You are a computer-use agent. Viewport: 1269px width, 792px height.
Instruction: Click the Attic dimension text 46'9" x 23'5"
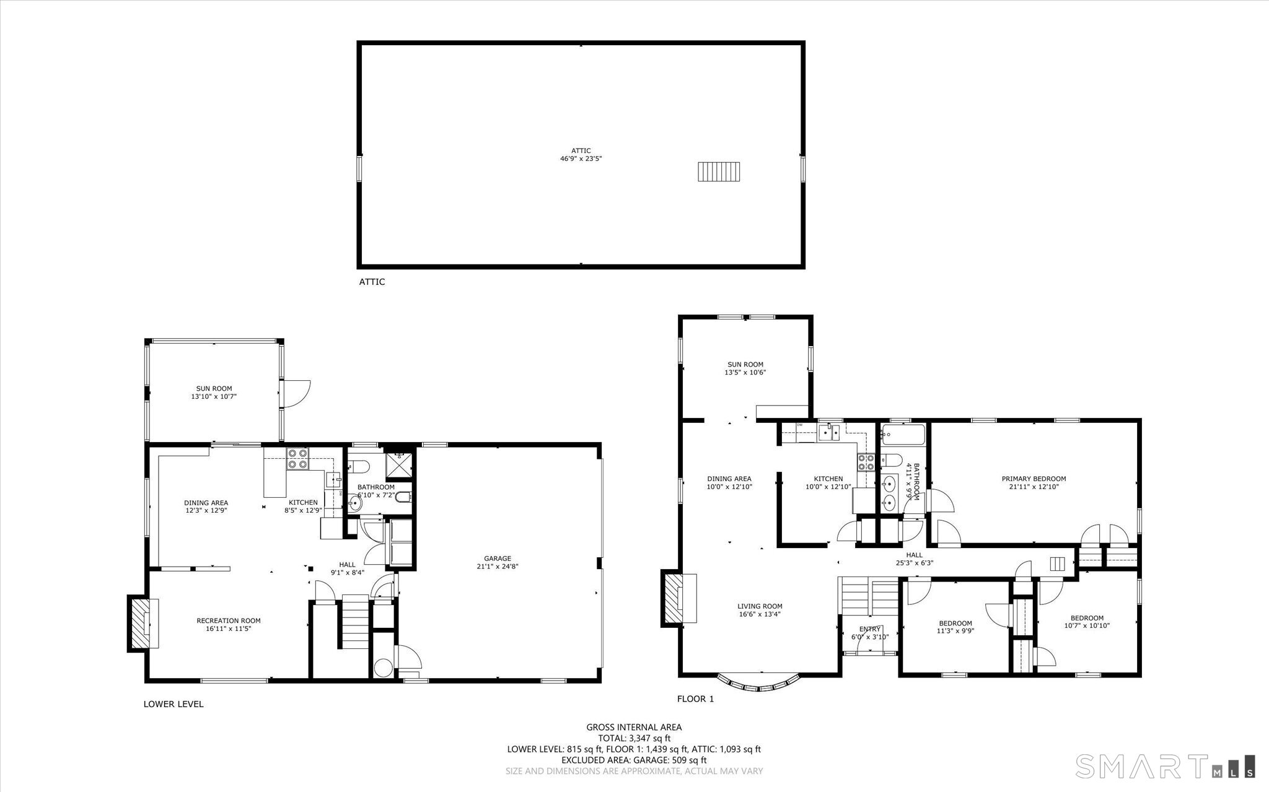pyautogui.click(x=581, y=159)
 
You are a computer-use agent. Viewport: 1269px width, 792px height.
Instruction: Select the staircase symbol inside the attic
pyautogui.click(x=719, y=172)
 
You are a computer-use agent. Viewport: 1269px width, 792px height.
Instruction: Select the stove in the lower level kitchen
pyautogui.click(x=297, y=459)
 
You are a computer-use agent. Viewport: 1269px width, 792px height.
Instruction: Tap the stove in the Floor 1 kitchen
pyautogui.click(x=866, y=461)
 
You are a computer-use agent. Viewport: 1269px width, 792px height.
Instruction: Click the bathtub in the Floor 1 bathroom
pyautogui.click(x=903, y=435)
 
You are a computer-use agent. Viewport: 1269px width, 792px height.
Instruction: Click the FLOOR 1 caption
pyautogui.click(x=695, y=699)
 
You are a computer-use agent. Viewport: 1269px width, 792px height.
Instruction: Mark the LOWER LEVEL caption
pyautogui.click(x=173, y=704)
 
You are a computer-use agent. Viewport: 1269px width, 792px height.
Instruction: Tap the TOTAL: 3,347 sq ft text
pyautogui.click(x=634, y=738)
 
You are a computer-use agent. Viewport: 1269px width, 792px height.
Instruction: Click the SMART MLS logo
pyautogui.click(x=1165, y=766)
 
